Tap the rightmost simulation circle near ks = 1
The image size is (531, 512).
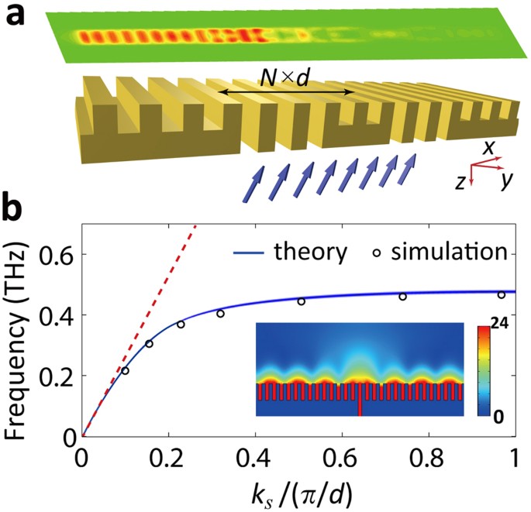tap(502, 294)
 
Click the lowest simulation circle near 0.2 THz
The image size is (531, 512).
tap(125, 371)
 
